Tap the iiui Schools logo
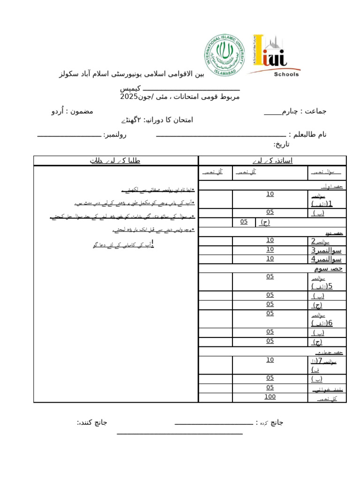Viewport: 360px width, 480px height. coord(275,55)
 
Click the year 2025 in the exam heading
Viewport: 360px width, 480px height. coord(129,97)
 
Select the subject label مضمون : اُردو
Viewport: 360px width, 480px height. coord(72,111)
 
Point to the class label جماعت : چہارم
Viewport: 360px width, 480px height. coord(295,111)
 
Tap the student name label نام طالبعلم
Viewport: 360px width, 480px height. coord(307,135)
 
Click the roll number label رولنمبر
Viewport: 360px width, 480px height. coord(115,135)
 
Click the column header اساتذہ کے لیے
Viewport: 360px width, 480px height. coord(272,161)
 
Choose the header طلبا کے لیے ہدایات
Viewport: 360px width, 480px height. coord(115,161)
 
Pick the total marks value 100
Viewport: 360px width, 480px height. coord(270,397)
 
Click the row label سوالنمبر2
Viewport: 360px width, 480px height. coord(326,241)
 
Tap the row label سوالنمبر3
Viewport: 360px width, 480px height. coord(326,250)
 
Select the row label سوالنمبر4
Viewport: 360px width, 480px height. coord(326,259)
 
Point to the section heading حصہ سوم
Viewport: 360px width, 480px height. coord(328,268)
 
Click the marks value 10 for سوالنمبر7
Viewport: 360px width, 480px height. coord(270,360)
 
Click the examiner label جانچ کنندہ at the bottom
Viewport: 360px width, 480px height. coord(92,422)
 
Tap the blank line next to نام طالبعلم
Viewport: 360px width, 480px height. coord(220,136)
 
